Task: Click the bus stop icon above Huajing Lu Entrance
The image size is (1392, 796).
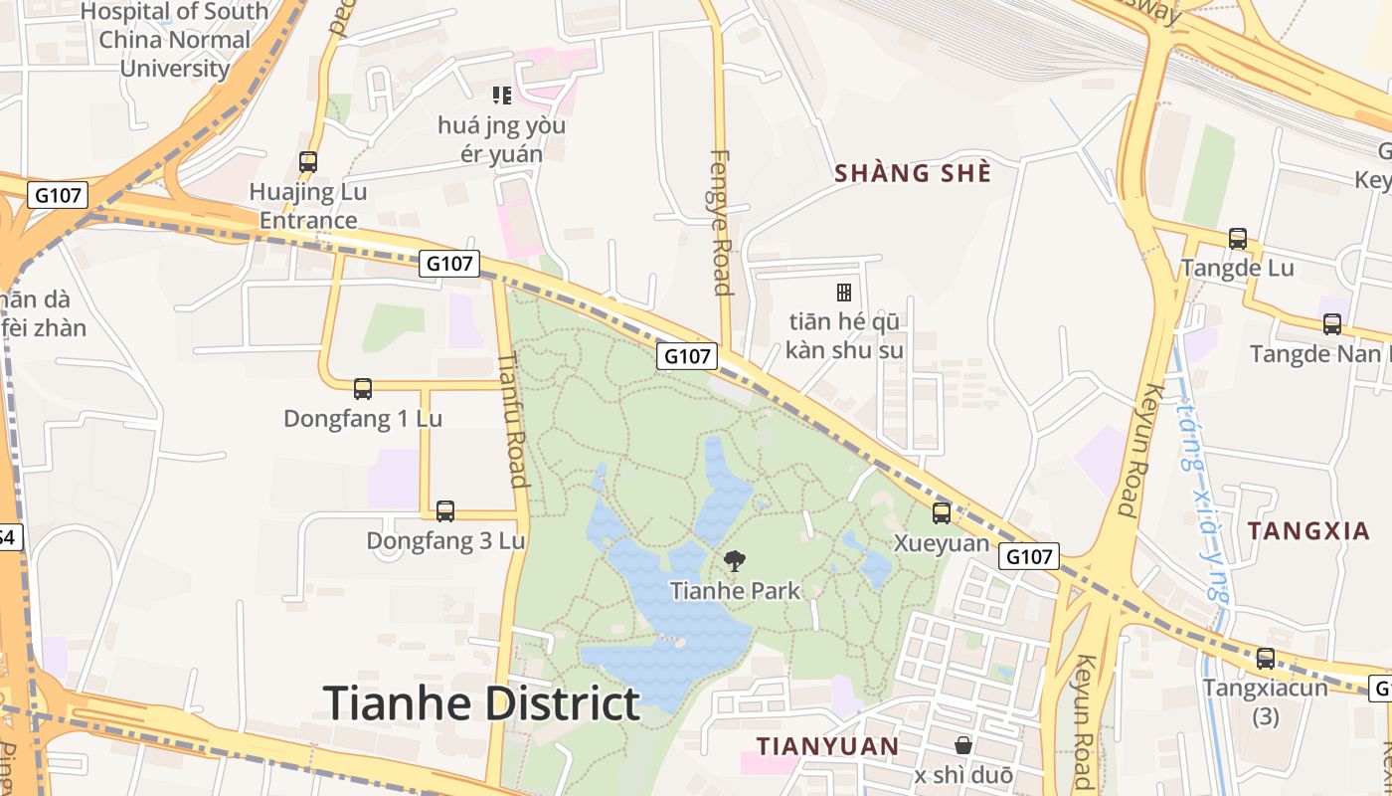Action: pyautogui.click(x=308, y=161)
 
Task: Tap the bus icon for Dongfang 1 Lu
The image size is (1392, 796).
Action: pyautogui.click(x=363, y=389)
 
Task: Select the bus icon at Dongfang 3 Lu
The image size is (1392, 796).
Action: pyautogui.click(x=445, y=511)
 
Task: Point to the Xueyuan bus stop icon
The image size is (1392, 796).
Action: pyautogui.click(x=941, y=513)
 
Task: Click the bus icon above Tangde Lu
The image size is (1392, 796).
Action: pyautogui.click(x=1237, y=239)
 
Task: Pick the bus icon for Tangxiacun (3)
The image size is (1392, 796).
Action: pyautogui.click(x=1265, y=659)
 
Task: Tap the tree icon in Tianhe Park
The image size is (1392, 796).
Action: pyautogui.click(x=735, y=561)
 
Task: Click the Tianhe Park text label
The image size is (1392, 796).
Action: pyautogui.click(x=735, y=591)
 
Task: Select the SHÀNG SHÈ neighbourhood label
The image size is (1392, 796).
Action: pyautogui.click(x=913, y=173)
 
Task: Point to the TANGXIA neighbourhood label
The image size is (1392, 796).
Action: pyautogui.click(x=1308, y=531)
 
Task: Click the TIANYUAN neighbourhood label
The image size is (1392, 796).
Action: pyautogui.click(x=827, y=746)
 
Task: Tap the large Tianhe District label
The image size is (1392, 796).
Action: pyautogui.click(x=481, y=703)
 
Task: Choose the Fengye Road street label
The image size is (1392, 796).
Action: pyautogui.click(x=722, y=223)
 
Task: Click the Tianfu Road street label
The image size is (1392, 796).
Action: pyautogui.click(x=512, y=420)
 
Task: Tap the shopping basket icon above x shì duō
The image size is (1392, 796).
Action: pyautogui.click(x=962, y=745)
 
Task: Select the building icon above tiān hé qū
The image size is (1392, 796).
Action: pyautogui.click(x=844, y=293)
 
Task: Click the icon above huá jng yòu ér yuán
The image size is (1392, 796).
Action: pyautogui.click(x=502, y=96)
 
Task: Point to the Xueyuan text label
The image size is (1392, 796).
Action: pyautogui.click(x=942, y=543)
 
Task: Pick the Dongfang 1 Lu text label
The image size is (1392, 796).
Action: pyautogui.click(x=363, y=419)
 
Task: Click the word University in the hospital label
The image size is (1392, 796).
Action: pyautogui.click(x=175, y=69)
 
